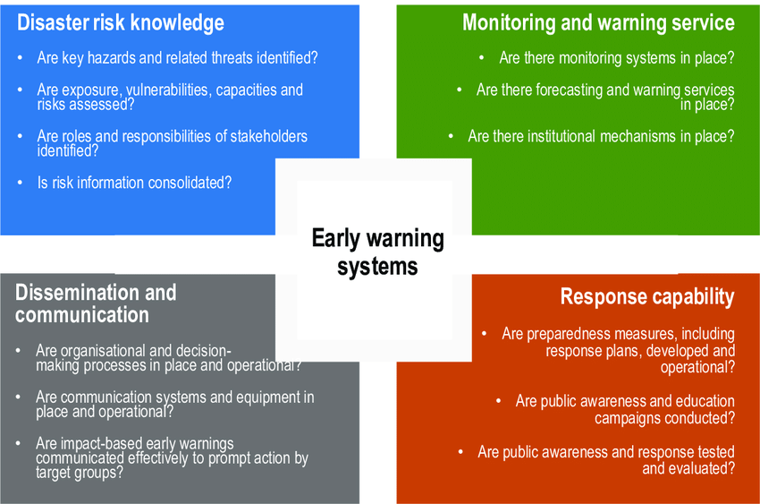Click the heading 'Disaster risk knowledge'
(121, 22)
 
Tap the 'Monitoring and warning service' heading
(598, 22)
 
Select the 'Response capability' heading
(647, 297)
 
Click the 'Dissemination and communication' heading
(96, 303)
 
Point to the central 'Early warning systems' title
(377, 252)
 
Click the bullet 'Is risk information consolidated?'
(134, 183)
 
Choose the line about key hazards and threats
(177, 58)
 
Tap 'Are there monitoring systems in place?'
(617, 58)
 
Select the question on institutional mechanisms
(601, 136)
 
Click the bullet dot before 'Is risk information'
(20, 183)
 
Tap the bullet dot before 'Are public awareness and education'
(498, 401)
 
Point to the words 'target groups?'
(80, 473)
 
